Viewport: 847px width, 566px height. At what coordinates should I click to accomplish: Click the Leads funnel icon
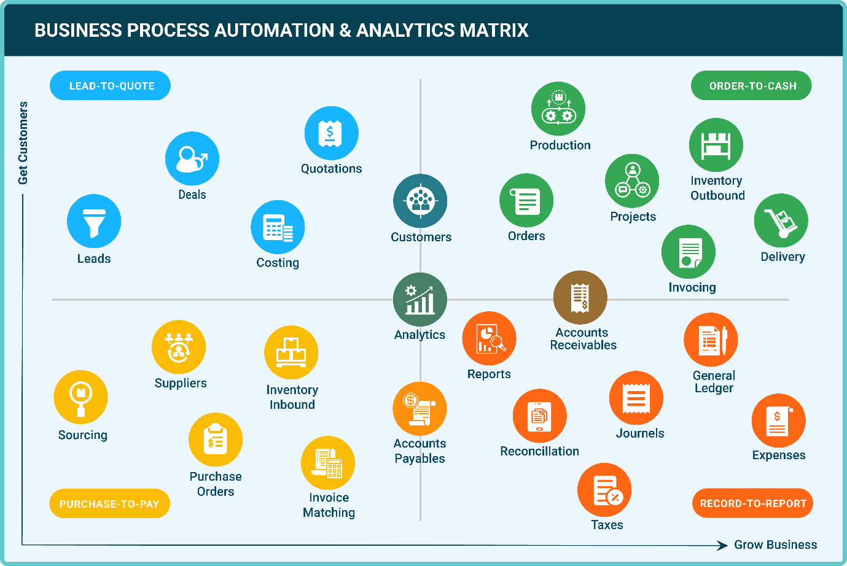click(x=94, y=222)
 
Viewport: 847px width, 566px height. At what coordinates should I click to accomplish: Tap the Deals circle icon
click(x=192, y=158)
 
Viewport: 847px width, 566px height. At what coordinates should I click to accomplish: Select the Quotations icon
click(x=331, y=133)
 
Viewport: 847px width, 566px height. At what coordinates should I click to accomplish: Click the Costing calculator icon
click(x=278, y=227)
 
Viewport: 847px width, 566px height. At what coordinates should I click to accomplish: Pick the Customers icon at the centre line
click(x=420, y=201)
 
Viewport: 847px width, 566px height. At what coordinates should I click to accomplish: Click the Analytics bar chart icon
click(x=420, y=300)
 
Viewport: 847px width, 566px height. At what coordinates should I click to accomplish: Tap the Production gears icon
click(x=558, y=109)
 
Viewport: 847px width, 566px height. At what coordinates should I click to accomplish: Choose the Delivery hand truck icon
click(x=781, y=221)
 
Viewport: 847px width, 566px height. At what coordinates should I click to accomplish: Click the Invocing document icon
click(x=689, y=252)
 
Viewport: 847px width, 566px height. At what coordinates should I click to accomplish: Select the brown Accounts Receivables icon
click(x=580, y=298)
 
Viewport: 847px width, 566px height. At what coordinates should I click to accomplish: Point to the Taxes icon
click(x=604, y=490)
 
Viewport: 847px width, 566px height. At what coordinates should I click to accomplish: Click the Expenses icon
click(x=778, y=421)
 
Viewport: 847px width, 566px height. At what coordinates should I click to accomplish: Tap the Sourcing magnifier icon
click(x=81, y=397)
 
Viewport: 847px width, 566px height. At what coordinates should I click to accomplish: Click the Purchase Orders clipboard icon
click(x=216, y=440)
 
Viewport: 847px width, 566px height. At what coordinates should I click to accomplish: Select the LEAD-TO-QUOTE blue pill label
click(x=111, y=86)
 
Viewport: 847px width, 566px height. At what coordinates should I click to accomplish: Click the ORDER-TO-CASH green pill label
click(x=752, y=86)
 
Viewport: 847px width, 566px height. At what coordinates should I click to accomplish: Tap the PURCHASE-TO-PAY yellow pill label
click(x=109, y=504)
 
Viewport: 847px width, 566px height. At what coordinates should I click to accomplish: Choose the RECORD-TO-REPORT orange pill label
click(x=752, y=503)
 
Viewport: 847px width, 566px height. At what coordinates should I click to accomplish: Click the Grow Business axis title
click(x=775, y=545)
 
